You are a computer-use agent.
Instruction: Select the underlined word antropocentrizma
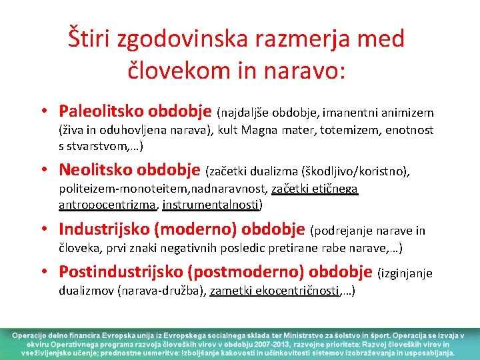click(106, 205)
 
